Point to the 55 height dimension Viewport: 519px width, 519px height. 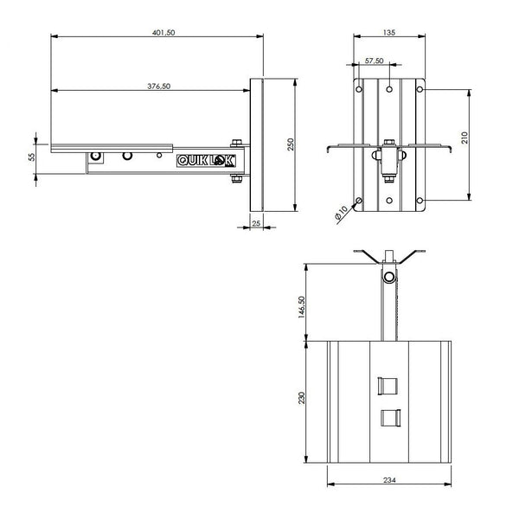click(x=32, y=157)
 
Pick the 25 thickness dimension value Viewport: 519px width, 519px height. click(x=256, y=222)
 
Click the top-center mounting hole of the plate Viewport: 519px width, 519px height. click(x=388, y=88)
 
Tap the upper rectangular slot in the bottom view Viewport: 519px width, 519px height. click(x=388, y=384)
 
